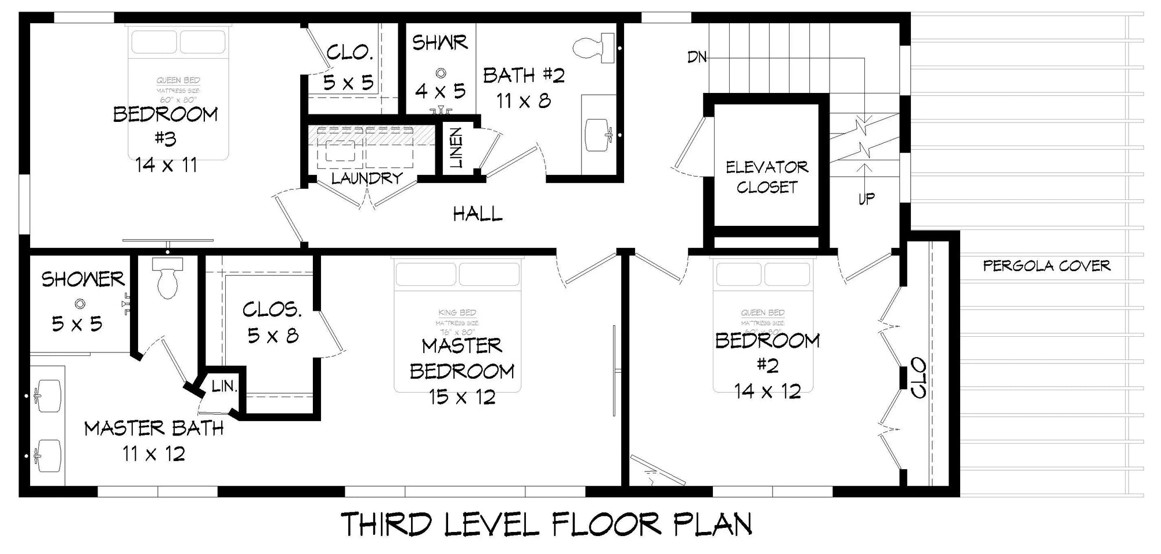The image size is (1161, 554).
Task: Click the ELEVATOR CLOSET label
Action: click(766, 177)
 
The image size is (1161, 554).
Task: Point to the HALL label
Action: click(477, 214)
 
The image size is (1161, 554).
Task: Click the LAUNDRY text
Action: click(367, 178)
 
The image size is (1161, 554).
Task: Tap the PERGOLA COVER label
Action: click(1046, 266)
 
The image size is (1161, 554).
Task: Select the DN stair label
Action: click(697, 57)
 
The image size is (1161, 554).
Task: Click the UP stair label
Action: click(866, 199)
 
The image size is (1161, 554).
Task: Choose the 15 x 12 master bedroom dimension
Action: click(462, 397)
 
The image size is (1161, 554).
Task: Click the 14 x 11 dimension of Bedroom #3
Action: click(167, 166)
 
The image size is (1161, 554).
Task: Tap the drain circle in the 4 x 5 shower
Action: click(441, 73)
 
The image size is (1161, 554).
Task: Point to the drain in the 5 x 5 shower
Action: click(80, 303)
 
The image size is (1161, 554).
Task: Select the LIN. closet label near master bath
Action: click(224, 386)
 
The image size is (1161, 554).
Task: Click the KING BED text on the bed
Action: click(457, 313)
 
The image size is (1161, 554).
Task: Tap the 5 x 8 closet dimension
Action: click(273, 336)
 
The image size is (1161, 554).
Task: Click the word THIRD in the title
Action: click(386, 524)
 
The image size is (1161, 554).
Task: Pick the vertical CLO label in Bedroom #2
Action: click(918, 378)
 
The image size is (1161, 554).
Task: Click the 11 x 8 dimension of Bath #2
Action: click(523, 101)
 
